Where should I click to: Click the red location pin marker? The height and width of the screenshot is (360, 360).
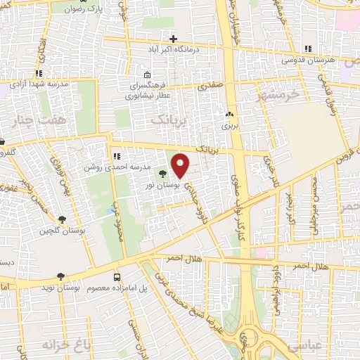coord(181,165)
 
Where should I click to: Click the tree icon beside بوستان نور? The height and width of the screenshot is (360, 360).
coord(163,174)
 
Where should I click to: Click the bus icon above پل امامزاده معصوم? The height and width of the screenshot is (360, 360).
coord(117,277)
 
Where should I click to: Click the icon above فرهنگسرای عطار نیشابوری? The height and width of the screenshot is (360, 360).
coord(146,75)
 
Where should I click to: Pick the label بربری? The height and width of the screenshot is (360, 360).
coord(230,126)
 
